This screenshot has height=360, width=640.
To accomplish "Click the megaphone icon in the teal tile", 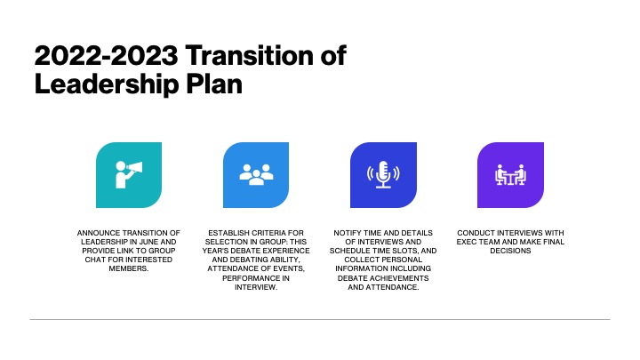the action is click(129, 175).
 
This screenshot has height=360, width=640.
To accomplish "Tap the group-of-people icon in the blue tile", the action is click(256, 175).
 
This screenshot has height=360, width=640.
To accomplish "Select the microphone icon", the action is click(383, 175).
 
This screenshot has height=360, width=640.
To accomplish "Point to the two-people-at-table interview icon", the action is click(510, 175).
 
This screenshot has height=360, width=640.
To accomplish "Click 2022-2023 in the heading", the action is click(106, 55).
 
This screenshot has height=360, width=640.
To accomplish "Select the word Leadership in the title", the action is click(107, 84).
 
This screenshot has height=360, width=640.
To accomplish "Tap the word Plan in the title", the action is click(214, 84).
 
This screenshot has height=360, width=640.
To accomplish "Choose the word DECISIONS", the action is click(510, 251).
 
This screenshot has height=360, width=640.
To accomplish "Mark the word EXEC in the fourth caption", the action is click(466, 242).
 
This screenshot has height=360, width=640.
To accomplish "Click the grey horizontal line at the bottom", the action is click(320, 319).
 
